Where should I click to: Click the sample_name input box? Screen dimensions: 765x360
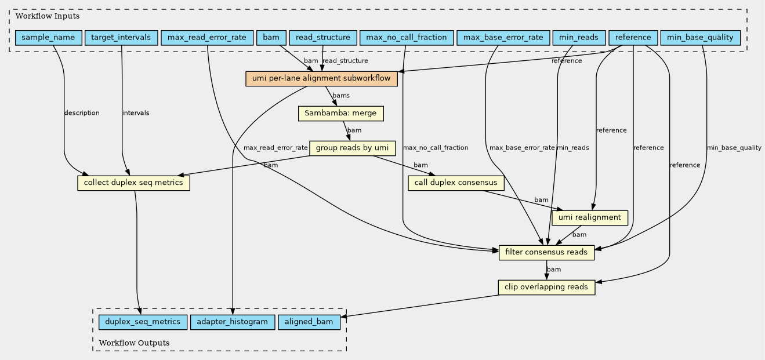point(49,38)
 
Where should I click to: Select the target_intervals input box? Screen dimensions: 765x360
point(121,38)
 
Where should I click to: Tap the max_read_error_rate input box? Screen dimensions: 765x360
point(207,38)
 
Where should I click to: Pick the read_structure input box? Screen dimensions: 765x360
point(323,38)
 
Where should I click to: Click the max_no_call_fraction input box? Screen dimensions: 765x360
point(407,38)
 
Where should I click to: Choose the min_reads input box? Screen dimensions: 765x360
point(579,38)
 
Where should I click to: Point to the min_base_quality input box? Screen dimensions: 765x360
point(701,38)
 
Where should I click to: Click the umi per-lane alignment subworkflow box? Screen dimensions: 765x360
point(321,78)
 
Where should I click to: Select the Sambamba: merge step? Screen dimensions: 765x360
point(341,113)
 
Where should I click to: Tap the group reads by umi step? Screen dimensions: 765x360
point(353,148)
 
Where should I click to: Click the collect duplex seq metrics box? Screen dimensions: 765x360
point(133,183)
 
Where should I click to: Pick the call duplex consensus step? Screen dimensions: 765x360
point(456,183)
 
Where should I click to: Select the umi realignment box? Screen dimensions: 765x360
point(590,218)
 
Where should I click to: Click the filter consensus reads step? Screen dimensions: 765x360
point(546,253)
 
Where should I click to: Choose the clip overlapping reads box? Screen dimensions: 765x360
point(546,288)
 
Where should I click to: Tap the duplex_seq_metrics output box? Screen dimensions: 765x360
point(143,322)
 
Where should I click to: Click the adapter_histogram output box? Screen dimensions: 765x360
point(232,322)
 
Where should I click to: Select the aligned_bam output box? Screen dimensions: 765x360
point(309,322)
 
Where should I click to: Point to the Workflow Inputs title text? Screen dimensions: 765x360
point(48,16)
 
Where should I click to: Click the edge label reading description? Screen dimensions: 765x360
point(82,113)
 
